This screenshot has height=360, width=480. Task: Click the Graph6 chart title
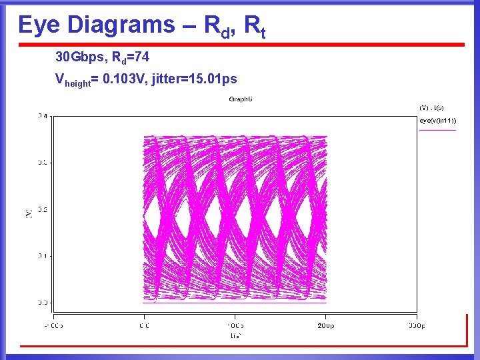pos(241,99)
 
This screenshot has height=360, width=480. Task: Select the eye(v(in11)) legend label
pos(437,121)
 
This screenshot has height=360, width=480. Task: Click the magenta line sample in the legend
pos(437,129)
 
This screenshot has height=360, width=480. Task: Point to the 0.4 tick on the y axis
pos(43,116)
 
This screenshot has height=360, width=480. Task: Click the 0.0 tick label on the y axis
pos(43,302)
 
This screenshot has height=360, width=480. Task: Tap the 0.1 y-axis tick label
pos(43,255)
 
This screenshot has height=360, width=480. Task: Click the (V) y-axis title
pos(29,212)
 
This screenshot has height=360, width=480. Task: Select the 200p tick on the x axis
pos(325,326)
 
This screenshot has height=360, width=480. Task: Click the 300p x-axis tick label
pos(416,326)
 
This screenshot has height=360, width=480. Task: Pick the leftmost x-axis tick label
pos(54,326)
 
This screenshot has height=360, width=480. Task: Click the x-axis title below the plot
pos(235,335)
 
